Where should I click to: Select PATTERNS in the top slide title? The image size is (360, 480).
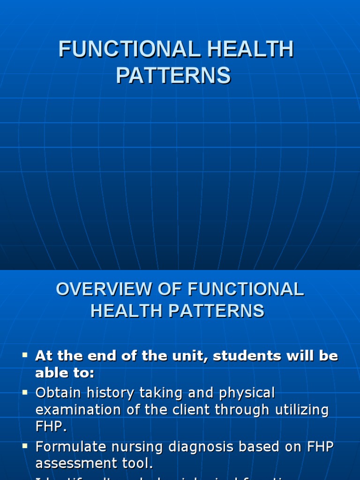[173, 75]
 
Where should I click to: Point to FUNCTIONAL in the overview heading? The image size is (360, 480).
[246, 289]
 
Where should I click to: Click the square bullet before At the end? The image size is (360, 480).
[25, 355]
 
